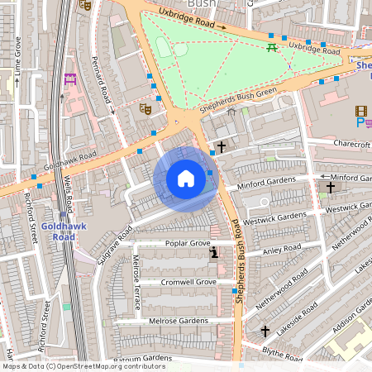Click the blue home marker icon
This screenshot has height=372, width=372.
pyautogui.click(x=186, y=179)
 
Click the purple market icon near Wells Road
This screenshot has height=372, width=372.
pyautogui.click(x=70, y=79)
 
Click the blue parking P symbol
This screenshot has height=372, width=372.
pyautogui.click(x=360, y=122)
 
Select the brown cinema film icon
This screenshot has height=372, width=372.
pyautogui.click(x=360, y=110)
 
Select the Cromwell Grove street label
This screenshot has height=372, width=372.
pyautogui.click(x=188, y=282)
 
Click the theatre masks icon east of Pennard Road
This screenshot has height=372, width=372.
pyautogui.click(x=146, y=107)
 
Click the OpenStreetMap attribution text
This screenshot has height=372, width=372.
pyautogui.click(x=83, y=366)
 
